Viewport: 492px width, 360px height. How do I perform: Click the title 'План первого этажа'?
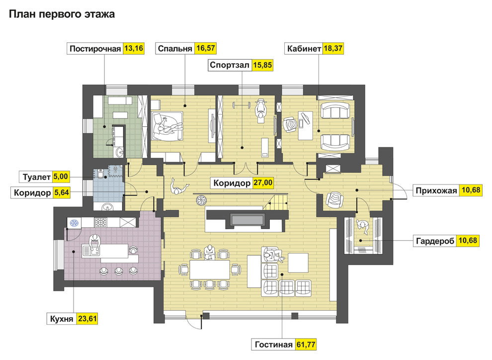(x=62, y=14)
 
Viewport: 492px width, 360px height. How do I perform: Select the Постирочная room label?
(x=95, y=49)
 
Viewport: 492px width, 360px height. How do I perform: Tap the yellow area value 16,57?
(x=206, y=48)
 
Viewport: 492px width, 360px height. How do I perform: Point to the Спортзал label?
(x=230, y=65)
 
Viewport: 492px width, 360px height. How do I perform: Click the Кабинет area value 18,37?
(x=333, y=48)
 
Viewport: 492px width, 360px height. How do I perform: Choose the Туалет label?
(x=36, y=177)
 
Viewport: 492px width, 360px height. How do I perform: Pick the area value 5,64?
(x=61, y=192)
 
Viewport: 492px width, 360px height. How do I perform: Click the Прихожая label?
(x=436, y=190)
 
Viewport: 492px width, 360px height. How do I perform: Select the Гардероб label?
(x=435, y=241)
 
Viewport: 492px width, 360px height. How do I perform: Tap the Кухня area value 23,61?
(x=87, y=319)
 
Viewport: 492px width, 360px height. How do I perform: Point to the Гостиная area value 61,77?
(x=306, y=345)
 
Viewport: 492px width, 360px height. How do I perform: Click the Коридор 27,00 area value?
(x=263, y=182)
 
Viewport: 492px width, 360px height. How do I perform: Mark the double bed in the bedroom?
(x=166, y=126)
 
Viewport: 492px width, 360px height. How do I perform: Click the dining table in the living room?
(x=210, y=270)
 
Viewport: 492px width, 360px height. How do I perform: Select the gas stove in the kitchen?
(x=101, y=222)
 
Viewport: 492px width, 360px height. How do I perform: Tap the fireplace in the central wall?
(x=247, y=220)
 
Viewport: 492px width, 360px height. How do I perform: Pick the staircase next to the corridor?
(x=275, y=202)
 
